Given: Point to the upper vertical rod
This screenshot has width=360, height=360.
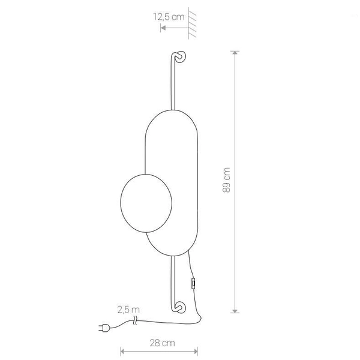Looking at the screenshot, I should pyautogui.click(x=172, y=84).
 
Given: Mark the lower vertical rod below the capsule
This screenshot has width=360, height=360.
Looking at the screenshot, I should pyautogui.click(x=172, y=279).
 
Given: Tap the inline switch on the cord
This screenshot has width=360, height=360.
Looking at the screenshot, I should pyautogui.click(x=193, y=283).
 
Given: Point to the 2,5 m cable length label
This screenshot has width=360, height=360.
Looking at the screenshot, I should pyautogui.click(x=128, y=310).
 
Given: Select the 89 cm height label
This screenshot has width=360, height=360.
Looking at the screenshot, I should pyautogui.click(x=226, y=180).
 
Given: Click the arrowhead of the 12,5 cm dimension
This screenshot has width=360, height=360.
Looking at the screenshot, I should pyautogui.click(x=163, y=26).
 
